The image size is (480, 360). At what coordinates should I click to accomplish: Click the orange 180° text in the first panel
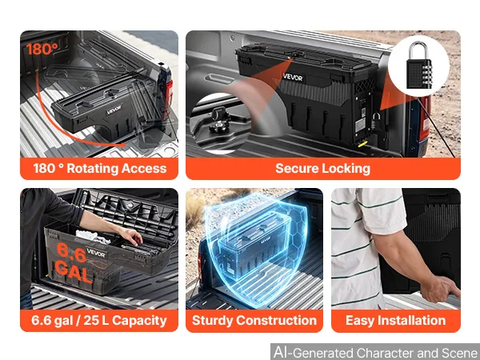42,49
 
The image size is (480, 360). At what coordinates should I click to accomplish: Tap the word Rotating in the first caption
92,168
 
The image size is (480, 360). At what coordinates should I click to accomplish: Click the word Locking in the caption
346,169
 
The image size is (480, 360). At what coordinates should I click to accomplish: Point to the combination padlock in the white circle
418,66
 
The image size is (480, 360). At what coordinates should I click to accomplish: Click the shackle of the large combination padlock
418,50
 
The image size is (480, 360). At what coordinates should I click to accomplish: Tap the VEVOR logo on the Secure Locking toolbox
293,77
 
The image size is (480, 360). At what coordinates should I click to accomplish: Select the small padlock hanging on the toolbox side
376,121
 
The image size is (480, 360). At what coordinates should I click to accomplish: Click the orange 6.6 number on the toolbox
71,253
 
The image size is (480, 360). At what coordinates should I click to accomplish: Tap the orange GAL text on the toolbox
74,272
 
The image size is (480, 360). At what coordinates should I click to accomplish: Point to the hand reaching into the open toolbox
132,236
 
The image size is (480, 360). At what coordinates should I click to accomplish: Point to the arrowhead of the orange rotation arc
122,145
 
